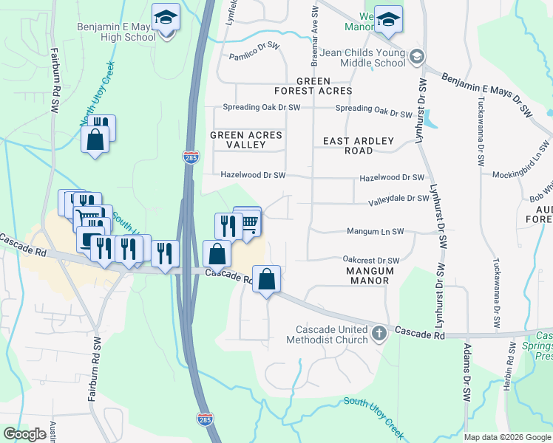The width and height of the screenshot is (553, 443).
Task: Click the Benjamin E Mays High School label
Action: (x=116, y=32)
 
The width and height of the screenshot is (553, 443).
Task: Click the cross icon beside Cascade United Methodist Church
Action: (x=379, y=333)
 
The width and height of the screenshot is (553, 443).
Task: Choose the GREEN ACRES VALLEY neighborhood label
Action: (x=246, y=140)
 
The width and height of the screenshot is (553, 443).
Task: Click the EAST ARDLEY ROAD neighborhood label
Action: (x=359, y=145)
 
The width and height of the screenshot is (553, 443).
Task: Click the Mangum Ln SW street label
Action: (x=376, y=231)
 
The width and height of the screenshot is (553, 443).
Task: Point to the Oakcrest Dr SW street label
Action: (x=371, y=260)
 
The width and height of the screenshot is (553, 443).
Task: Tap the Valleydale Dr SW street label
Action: (x=400, y=198)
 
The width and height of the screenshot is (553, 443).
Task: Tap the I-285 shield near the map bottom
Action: (x=205, y=419)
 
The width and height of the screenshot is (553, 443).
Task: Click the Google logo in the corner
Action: (x=24, y=434)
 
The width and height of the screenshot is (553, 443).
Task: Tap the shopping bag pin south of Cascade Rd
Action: (x=267, y=281)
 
